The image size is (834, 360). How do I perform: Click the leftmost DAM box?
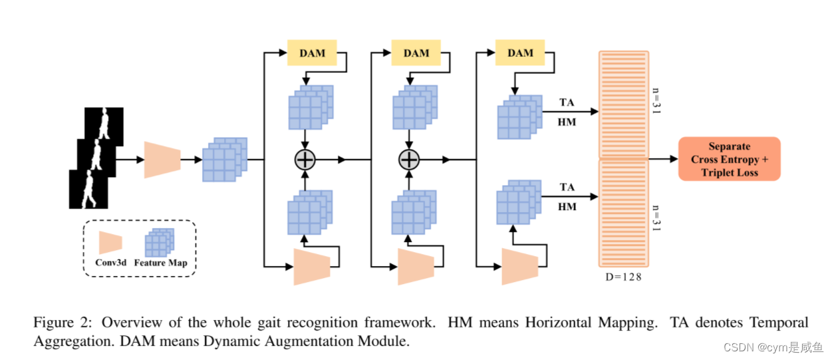point(312,53)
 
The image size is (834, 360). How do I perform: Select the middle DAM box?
point(416,53)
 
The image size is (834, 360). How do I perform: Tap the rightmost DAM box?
point(520,53)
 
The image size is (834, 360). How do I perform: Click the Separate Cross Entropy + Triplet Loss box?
point(729,160)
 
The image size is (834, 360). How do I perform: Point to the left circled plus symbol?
point(305,160)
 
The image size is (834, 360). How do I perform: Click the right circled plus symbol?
point(408,160)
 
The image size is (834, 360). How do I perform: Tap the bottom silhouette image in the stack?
point(88,188)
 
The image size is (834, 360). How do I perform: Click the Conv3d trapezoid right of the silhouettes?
point(163,160)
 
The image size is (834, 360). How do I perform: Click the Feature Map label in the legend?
point(160,262)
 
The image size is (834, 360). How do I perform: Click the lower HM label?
point(567,207)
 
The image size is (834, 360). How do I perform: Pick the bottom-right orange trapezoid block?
point(519,266)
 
